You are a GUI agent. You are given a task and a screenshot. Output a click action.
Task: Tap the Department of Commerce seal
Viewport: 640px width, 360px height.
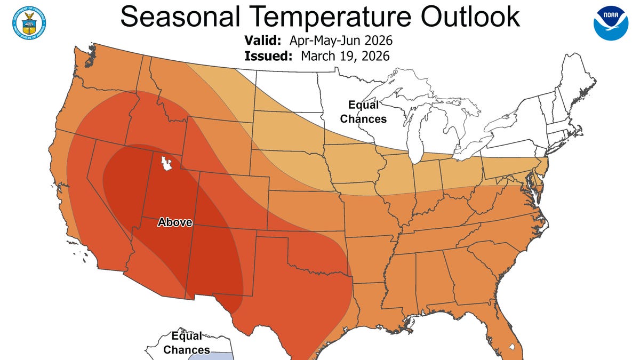pyautogui.click(x=28, y=22)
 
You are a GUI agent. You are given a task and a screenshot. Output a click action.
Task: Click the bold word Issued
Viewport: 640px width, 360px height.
pyautogui.click(x=268, y=56)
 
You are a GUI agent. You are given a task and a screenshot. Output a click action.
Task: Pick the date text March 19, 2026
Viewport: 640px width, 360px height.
pyautogui.click(x=345, y=56)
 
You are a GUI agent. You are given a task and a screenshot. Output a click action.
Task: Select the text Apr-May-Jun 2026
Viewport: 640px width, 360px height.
pyautogui.click(x=341, y=41)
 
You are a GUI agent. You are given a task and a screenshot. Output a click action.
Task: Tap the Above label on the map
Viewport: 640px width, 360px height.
pyautogui.click(x=174, y=222)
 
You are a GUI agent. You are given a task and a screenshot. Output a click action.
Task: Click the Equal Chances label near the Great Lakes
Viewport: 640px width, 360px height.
pyautogui.click(x=363, y=111)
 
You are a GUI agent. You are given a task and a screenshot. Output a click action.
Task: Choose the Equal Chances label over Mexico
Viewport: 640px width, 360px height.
pyautogui.click(x=187, y=342)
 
